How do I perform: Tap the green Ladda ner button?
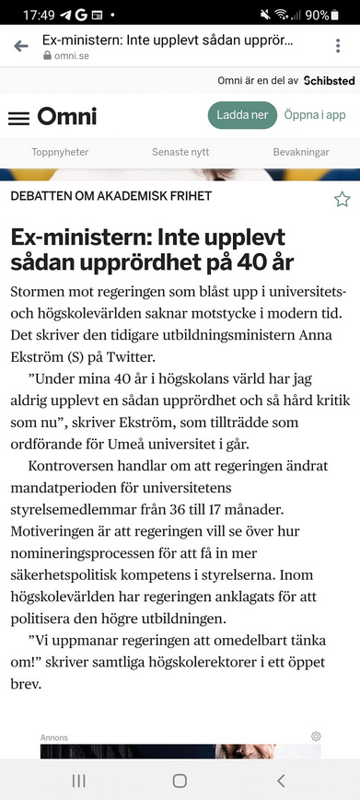pyautogui.click(x=243, y=115)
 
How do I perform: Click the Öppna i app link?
pyautogui.click(x=315, y=115)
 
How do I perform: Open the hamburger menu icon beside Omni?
pyautogui.click(x=18, y=118)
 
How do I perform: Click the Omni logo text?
pyautogui.click(x=67, y=117)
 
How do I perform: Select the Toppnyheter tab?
pyautogui.click(x=60, y=152)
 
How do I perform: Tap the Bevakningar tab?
pyautogui.click(x=301, y=152)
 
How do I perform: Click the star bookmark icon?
pyautogui.click(x=342, y=199)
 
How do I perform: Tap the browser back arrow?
pyautogui.click(x=21, y=47)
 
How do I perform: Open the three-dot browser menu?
pyautogui.click(x=339, y=47)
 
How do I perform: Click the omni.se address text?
pyautogui.click(x=69, y=56)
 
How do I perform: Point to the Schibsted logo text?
pyautogui.click(x=316, y=81)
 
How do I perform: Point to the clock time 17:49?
pyautogui.click(x=39, y=15)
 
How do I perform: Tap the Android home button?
pyautogui.click(x=180, y=780)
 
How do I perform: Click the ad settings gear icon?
pyautogui.click(x=316, y=736)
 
